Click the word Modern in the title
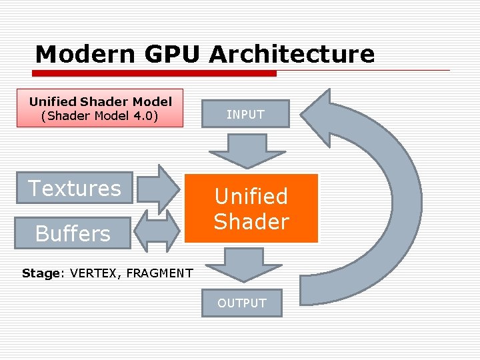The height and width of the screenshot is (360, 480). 75,54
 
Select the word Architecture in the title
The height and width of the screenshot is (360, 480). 291,54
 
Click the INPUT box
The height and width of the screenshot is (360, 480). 245,114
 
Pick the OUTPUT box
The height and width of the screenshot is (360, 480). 241,303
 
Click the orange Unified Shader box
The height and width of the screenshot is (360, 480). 251,208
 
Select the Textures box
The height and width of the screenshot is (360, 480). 74,188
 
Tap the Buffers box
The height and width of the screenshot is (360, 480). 72,233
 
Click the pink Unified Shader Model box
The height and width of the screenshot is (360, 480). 100,109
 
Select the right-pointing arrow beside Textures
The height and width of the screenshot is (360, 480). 160,188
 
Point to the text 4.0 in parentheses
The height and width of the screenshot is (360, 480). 142,116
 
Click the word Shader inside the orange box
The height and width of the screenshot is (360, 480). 251,221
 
